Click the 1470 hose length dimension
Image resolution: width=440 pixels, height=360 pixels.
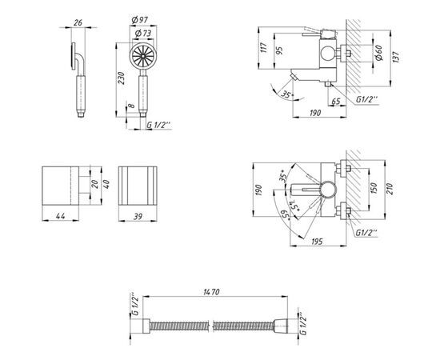tap(211, 292)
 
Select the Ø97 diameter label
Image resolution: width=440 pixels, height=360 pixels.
tap(140, 20)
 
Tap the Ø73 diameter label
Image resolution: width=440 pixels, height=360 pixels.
tap(143, 34)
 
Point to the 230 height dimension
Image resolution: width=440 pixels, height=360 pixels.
tap(121, 78)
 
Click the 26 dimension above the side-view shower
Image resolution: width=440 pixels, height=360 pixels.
tap(78, 22)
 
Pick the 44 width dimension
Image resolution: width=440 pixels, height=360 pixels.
tap(60, 216)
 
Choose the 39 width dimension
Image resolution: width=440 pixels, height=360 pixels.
tap(138, 216)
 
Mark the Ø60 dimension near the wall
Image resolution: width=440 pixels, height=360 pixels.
tap(378, 53)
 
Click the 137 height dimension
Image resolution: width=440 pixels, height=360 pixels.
tap(396, 57)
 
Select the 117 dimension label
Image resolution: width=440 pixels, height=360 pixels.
tap(263, 48)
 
